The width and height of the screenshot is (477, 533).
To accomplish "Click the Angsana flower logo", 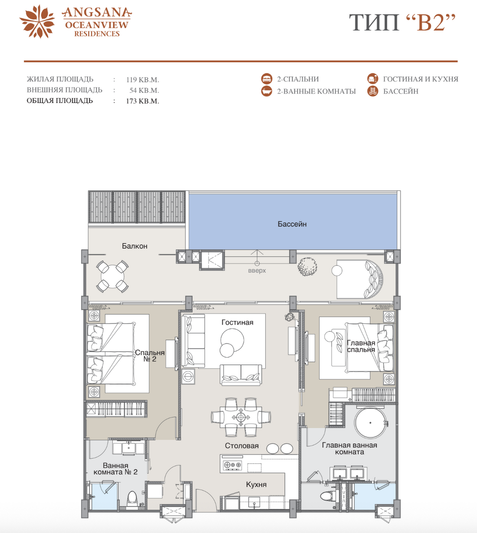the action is click(x=37, y=21).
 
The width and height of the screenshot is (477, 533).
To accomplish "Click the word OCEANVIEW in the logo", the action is click(x=97, y=25).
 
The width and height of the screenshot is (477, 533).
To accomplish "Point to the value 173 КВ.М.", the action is click(x=142, y=101).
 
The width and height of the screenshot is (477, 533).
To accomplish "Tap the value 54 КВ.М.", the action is click(x=144, y=90).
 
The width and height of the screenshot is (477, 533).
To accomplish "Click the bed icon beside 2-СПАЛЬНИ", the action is click(x=267, y=79).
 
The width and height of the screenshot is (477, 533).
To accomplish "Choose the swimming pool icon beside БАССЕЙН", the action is click(x=373, y=91).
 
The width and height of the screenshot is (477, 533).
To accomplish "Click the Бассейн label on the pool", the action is click(x=292, y=224).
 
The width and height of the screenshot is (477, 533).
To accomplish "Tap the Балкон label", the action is click(x=135, y=246).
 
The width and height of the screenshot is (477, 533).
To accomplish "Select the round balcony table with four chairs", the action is click(x=112, y=276).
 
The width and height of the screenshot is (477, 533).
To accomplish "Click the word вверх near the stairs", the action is click(x=257, y=270).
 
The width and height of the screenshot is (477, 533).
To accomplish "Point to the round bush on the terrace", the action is click(x=307, y=267).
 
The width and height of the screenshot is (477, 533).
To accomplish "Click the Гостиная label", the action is click(x=237, y=322).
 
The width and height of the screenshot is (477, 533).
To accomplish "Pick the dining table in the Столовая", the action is click(x=241, y=417).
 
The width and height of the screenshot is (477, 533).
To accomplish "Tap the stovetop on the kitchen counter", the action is click(x=233, y=465).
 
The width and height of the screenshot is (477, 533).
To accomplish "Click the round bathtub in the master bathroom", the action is click(x=370, y=423).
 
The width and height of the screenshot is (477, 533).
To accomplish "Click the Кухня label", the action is click(x=256, y=484).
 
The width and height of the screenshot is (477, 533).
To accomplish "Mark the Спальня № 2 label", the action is click(x=150, y=356).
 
